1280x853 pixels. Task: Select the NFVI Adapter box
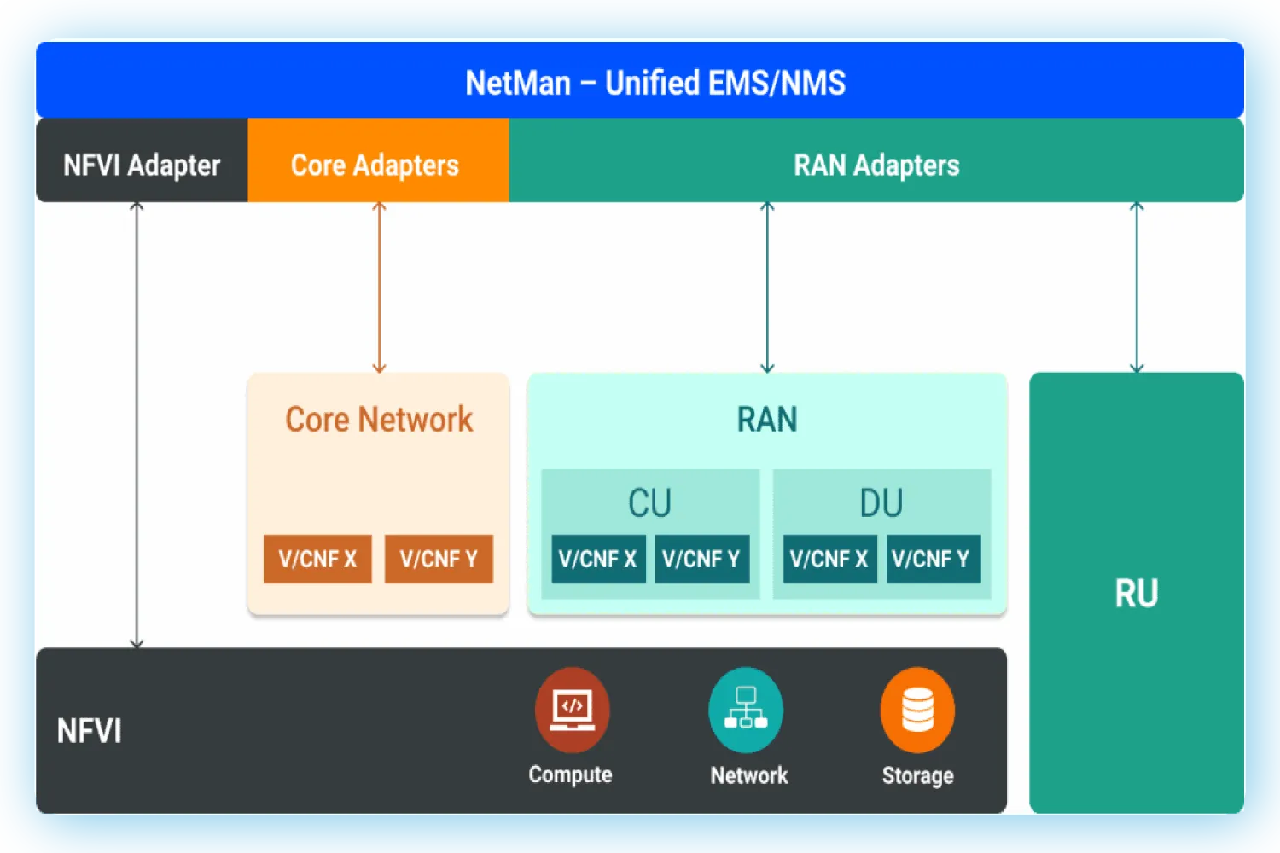[x=142, y=164]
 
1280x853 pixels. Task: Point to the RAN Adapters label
[x=876, y=165]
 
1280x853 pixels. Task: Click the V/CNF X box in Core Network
[x=317, y=560]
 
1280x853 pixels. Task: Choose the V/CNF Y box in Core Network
[x=439, y=560]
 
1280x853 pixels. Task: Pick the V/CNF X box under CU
[x=598, y=560]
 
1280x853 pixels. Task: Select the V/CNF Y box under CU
[x=701, y=560]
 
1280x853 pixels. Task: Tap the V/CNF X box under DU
[x=829, y=560]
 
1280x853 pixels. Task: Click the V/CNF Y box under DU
[x=933, y=560]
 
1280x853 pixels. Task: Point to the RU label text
[x=1136, y=594]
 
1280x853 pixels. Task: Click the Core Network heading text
[x=379, y=420]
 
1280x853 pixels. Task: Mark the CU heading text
[x=649, y=503]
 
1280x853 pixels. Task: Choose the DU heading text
[x=881, y=503]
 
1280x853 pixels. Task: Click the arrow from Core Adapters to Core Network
[x=380, y=287]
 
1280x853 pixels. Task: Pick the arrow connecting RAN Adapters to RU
[x=1137, y=287]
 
